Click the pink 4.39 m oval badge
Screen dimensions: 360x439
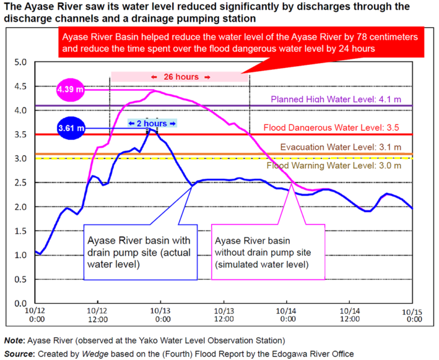click(x=70, y=90)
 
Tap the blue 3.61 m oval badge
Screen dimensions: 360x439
click(x=71, y=128)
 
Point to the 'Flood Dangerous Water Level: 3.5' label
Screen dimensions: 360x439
click(x=332, y=127)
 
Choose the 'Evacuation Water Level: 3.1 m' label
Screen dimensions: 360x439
click(x=340, y=147)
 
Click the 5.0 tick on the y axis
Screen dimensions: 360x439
click(x=20, y=63)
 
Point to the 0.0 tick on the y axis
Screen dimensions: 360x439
click(x=20, y=304)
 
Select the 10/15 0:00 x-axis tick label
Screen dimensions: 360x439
click(x=413, y=316)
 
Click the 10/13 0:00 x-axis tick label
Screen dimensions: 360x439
click(x=161, y=316)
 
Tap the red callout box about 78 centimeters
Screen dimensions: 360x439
click(x=240, y=41)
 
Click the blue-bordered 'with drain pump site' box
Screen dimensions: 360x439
click(x=140, y=251)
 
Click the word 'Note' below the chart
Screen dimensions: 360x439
click(x=14, y=340)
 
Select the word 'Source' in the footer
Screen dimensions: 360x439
click(x=19, y=353)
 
